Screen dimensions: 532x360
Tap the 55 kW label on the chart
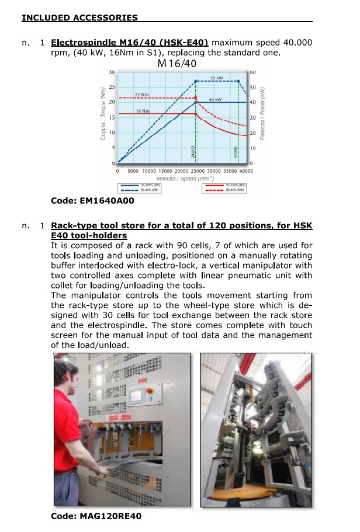point(216,78)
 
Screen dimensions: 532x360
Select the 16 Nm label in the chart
point(142,110)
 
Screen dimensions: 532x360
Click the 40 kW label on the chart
point(214,100)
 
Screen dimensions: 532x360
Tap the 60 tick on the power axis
point(252,72)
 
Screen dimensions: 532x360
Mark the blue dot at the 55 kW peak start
point(196,81)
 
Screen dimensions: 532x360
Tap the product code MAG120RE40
point(96,516)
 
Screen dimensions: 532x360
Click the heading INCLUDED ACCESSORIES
point(79,18)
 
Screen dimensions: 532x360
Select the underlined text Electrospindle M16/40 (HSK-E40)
point(130,43)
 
